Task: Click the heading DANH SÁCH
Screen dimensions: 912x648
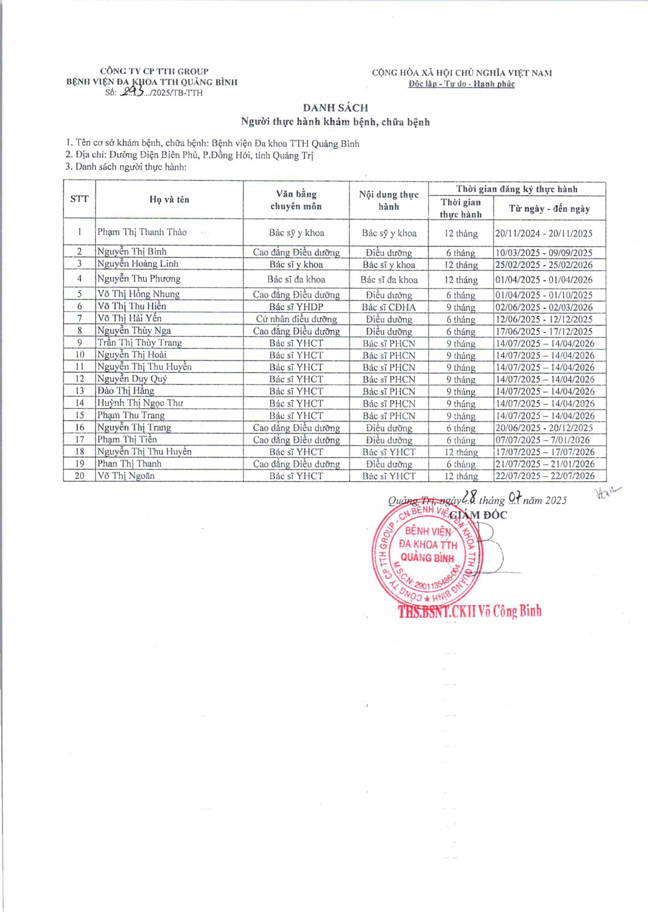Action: pyautogui.click(x=335, y=108)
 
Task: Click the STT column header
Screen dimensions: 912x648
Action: pyautogui.click(x=79, y=199)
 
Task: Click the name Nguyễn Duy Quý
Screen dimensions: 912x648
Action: pyautogui.click(x=132, y=378)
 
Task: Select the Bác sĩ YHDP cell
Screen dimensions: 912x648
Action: pyautogui.click(x=296, y=307)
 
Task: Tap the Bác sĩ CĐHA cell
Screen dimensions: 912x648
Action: pyautogui.click(x=389, y=307)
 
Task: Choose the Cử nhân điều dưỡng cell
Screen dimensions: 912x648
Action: pyautogui.click(x=296, y=319)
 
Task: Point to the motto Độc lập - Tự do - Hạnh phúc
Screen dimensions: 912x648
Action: pyautogui.click(x=461, y=84)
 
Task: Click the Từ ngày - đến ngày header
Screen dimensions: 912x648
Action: pyautogui.click(x=549, y=208)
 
